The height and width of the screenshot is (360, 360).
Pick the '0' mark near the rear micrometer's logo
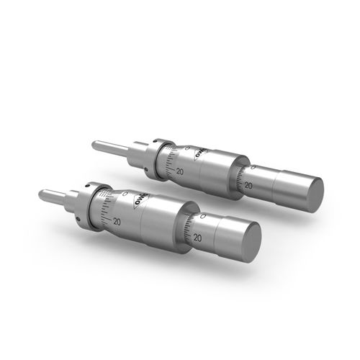(186, 148)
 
